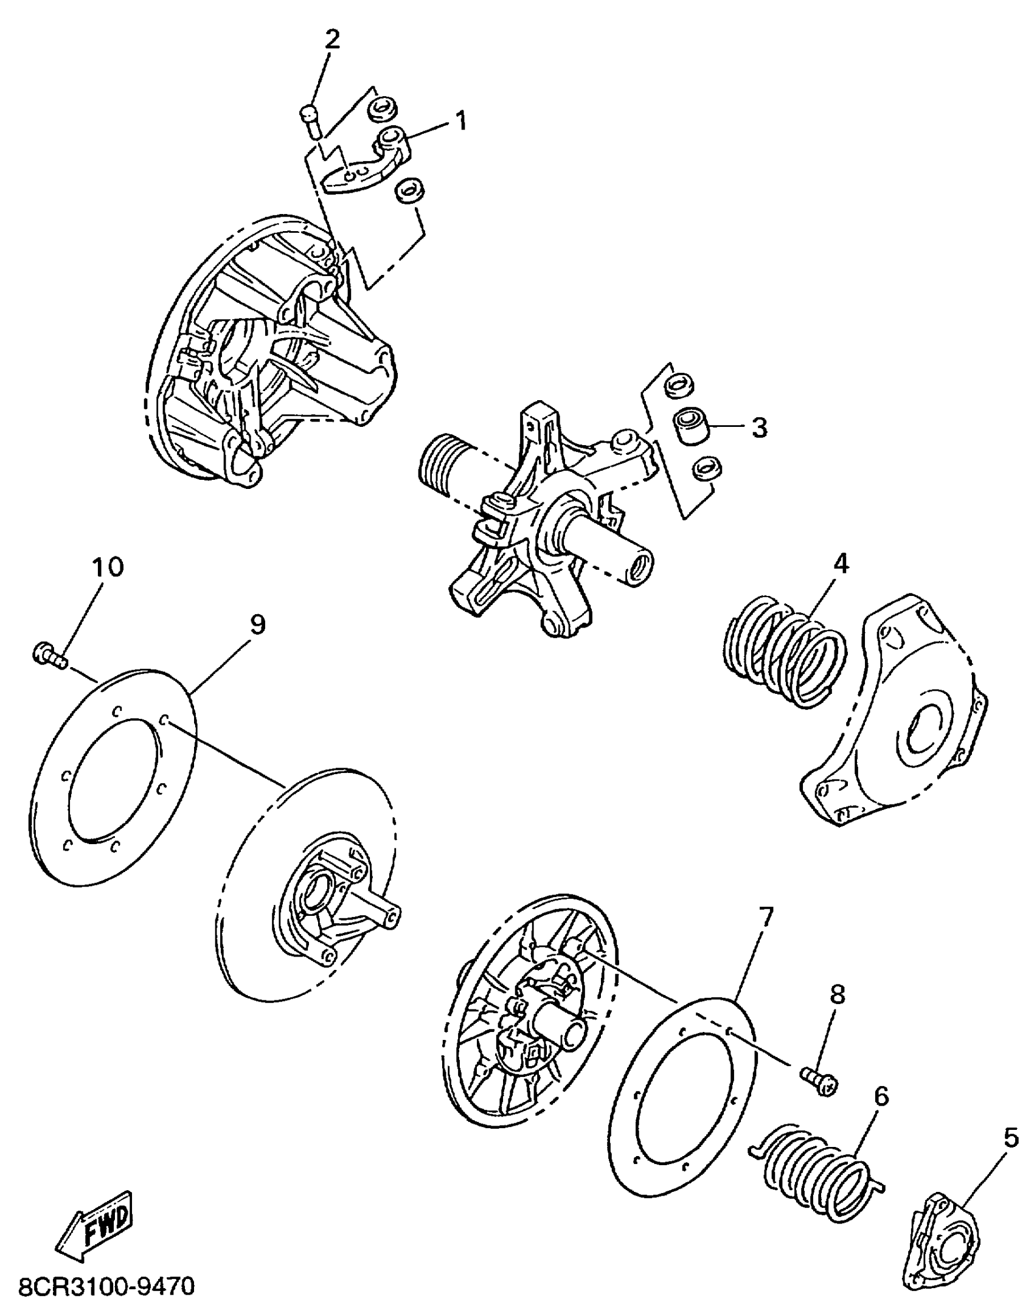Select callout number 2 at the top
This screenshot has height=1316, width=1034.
coord(331,40)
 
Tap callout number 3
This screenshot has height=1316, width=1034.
coord(759,428)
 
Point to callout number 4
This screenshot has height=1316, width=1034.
coord(840,565)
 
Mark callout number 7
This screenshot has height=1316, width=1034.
coord(765,933)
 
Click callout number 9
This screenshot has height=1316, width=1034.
coord(257,625)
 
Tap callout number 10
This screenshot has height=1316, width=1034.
coord(108,567)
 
